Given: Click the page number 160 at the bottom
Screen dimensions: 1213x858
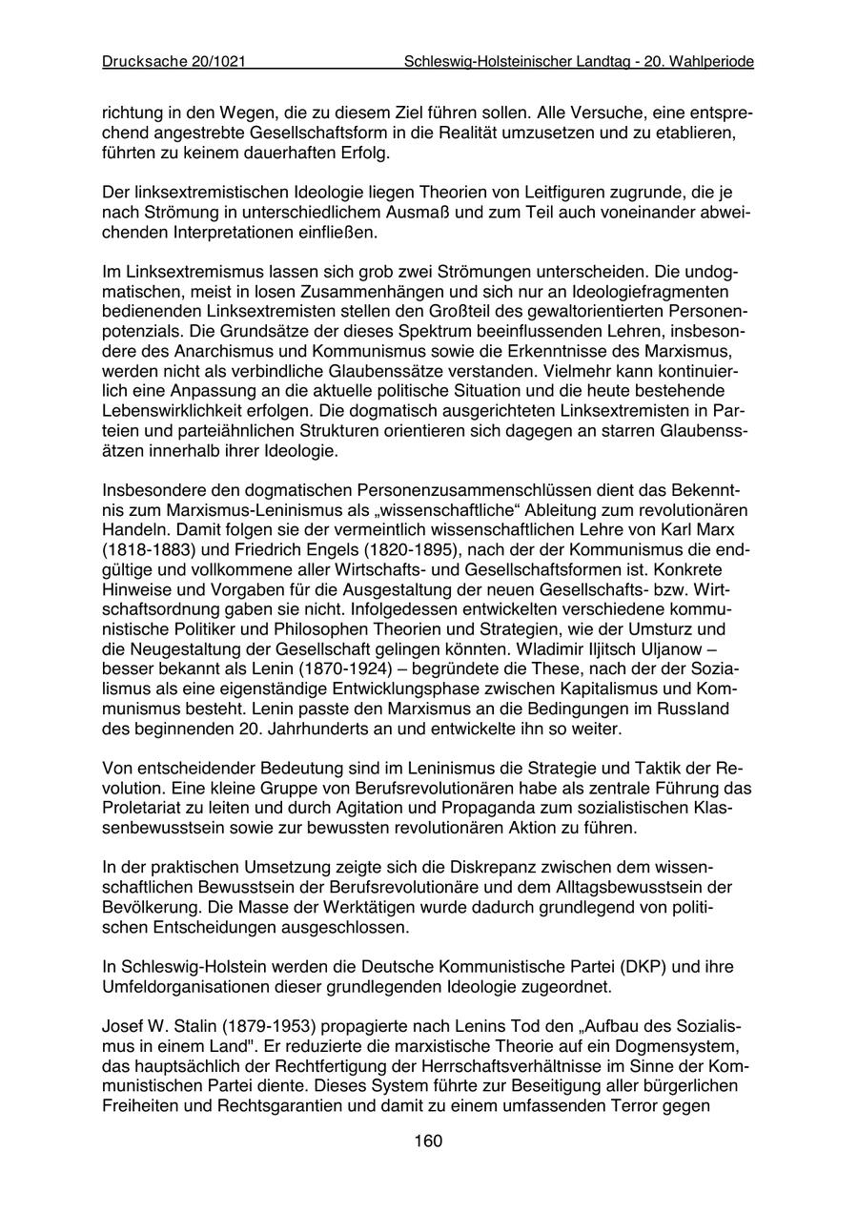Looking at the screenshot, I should (x=428, y=1141).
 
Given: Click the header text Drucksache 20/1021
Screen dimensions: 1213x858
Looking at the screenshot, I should (x=174, y=61).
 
